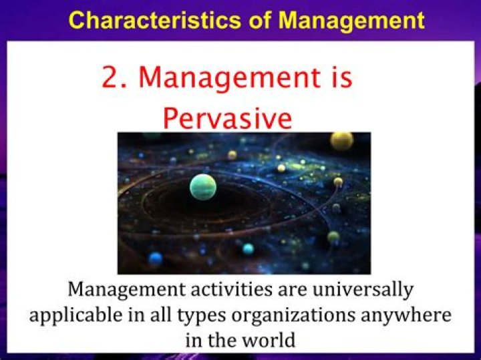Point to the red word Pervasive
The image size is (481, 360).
point(227,118)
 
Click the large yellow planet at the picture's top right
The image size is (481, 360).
point(342,141)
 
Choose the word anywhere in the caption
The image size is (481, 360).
point(404,315)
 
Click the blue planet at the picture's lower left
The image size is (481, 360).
point(156,258)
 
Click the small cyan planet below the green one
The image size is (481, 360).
point(248,248)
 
